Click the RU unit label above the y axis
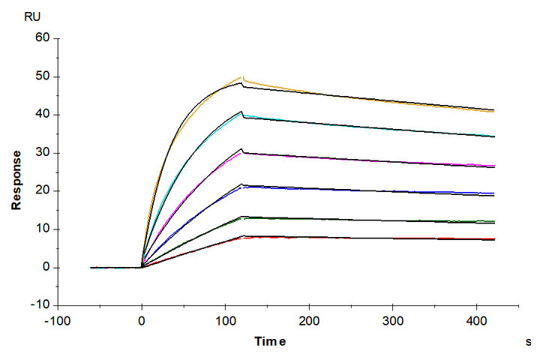pos(33,16)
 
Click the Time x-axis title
pos(270,342)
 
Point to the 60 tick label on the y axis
pos(41,37)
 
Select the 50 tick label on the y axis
pos(41,76)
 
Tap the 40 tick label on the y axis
pos(41,114)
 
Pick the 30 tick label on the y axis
pos(41,152)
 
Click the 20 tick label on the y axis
pos(41,190)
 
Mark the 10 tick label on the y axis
pos(41,229)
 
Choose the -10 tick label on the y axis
pos(38,305)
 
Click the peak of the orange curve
pos(241,76)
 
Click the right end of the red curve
pos(494,239)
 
